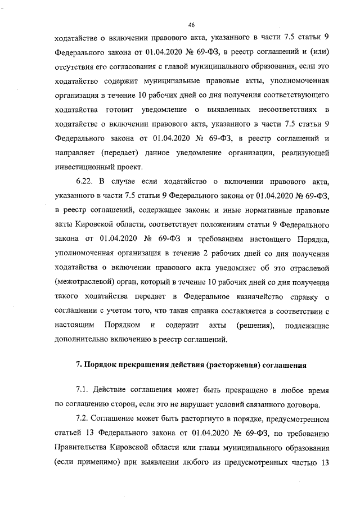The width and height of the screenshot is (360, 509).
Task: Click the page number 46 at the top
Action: pos(192,25)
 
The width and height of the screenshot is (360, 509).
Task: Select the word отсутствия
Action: pos(76,64)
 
